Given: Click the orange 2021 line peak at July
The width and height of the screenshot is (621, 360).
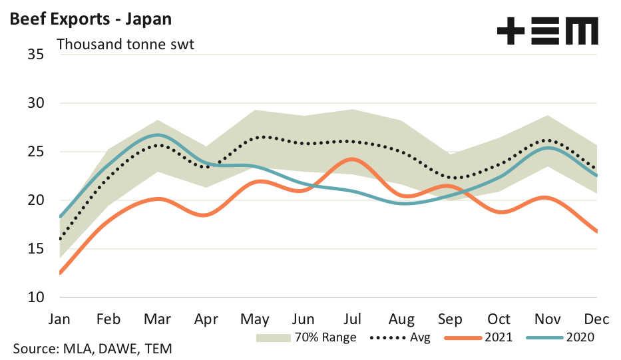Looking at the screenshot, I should point(353,159).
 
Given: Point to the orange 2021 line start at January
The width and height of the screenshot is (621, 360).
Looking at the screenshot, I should point(61,273).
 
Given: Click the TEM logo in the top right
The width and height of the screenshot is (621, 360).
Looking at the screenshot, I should point(547,31).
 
